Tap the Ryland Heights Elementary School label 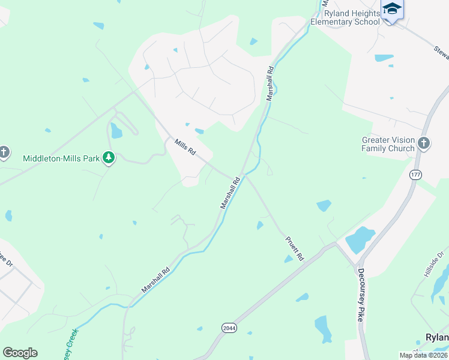(345, 17)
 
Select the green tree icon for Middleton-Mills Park (108, 158)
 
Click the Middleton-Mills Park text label (61, 159)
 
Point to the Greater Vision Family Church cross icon (424, 143)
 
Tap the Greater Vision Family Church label (388, 144)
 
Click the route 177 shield (415, 175)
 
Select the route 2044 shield (229, 328)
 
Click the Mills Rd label (185, 148)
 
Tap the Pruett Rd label (294, 248)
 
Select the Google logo (20, 353)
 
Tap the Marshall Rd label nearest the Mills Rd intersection (231, 193)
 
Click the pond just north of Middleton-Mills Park (116, 130)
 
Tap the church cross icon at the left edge (4, 152)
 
